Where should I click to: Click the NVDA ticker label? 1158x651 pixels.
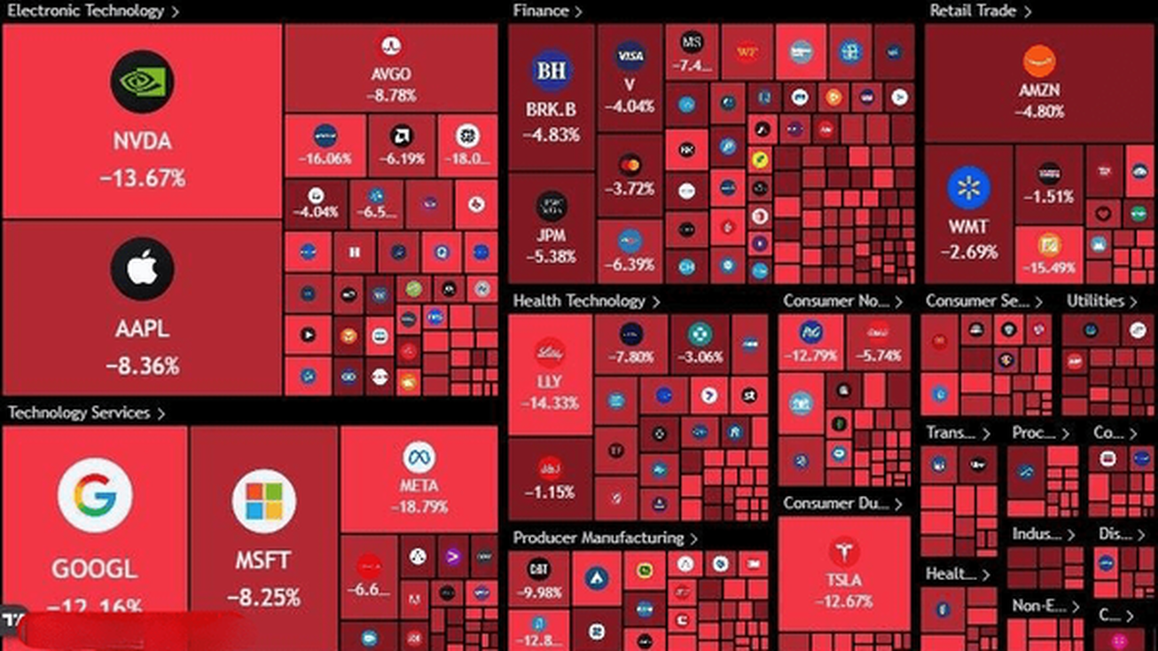pyautogui.click(x=142, y=142)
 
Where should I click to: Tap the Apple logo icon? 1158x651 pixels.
pyautogui.click(x=142, y=269)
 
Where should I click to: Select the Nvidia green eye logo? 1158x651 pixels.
pyautogui.click(x=142, y=81)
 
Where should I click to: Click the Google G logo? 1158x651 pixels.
pyautogui.click(x=95, y=496)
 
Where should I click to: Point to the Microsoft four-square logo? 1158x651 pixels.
pyautogui.click(x=263, y=502)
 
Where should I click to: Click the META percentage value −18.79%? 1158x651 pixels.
pyautogui.click(x=419, y=507)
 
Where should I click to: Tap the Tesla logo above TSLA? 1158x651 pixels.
pyautogui.click(x=844, y=552)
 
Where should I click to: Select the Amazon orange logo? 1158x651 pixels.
pyautogui.click(x=1039, y=61)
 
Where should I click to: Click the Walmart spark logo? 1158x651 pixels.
pyautogui.click(x=968, y=188)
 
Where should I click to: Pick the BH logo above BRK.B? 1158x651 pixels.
pyautogui.click(x=551, y=71)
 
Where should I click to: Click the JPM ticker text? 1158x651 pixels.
pyautogui.click(x=551, y=236)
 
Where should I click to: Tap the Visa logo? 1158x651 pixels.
pyautogui.click(x=630, y=56)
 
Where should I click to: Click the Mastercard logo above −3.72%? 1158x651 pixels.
pyautogui.click(x=630, y=164)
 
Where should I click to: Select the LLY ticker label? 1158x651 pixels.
pyautogui.click(x=550, y=382)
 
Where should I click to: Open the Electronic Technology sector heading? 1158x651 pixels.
pyautogui.click(x=86, y=12)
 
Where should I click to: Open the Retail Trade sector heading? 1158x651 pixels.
pyautogui.click(x=973, y=12)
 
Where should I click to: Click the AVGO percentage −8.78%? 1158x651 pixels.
pyautogui.click(x=391, y=95)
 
